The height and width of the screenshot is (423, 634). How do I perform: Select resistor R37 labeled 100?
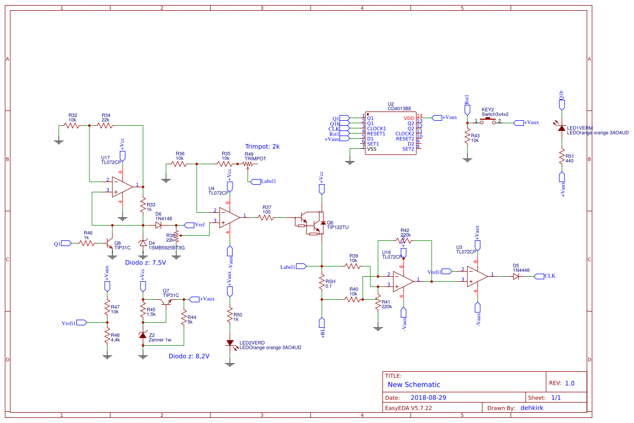[266, 217]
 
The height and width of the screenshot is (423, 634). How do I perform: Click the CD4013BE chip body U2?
[390, 133]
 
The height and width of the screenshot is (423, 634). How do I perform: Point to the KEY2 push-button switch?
[487, 122]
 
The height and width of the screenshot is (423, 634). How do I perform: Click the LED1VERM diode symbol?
[562, 128]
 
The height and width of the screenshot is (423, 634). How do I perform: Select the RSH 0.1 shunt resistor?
[322, 283]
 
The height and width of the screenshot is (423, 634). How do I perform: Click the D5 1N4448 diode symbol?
[516, 276]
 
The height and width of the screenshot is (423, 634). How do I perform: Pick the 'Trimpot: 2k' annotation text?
[262, 146]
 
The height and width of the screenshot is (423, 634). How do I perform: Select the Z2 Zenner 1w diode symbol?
[143, 336]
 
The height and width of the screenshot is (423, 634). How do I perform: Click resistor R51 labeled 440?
[562, 157]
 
